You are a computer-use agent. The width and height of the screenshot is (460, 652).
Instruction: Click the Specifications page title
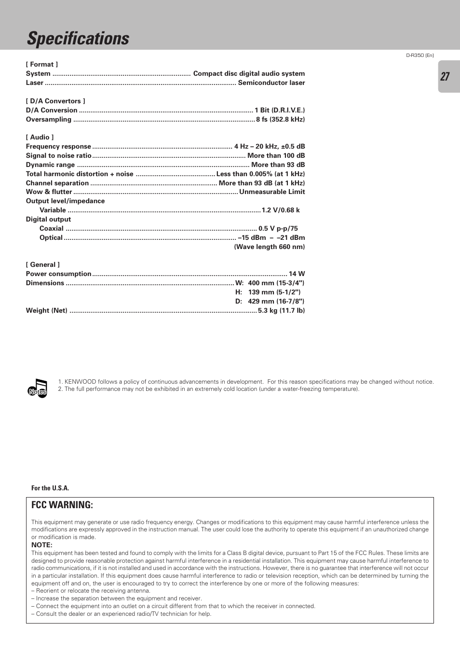pyautogui.click(x=78, y=39)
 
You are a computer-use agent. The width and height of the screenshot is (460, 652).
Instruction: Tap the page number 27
pyautogui.click(x=445, y=77)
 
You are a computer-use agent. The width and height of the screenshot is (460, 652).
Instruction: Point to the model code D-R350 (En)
pyautogui.click(x=419, y=55)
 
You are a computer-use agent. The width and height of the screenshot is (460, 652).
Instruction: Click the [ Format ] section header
pyautogui.click(x=42, y=64)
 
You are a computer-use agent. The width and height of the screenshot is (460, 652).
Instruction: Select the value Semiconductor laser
pyautogui.click(x=271, y=83)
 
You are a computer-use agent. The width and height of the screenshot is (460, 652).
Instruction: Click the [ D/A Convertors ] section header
pyautogui.click(x=55, y=101)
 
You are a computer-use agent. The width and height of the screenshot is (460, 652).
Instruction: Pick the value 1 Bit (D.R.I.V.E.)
pyautogui.click(x=280, y=111)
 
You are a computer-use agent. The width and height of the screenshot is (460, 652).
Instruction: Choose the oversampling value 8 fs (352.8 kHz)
pyautogui.click(x=280, y=120)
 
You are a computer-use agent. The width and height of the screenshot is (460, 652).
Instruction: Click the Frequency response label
pyautogui.click(x=58, y=147)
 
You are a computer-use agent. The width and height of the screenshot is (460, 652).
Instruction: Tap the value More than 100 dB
pyautogui.click(x=276, y=156)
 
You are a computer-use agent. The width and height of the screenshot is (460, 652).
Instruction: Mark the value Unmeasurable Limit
pyautogui.click(x=272, y=192)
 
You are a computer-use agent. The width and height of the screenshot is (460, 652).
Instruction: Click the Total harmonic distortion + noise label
pyautogui.click(x=80, y=174)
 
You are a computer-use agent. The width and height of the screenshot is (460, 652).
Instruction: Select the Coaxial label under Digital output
pyautogui.click(x=52, y=229)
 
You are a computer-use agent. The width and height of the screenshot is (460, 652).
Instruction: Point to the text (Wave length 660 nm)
pyautogui.click(x=270, y=247)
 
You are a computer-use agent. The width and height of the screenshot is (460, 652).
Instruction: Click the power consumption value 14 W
pyautogui.click(x=297, y=274)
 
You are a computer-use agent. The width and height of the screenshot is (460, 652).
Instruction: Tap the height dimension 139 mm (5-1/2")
pyautogui.click(x=274, y=292)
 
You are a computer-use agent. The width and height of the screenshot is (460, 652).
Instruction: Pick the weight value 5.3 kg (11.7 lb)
pyautogui.click(x=281, y=311)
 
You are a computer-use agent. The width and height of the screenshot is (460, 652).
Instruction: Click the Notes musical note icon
pyautogui.click(x=38, y=388)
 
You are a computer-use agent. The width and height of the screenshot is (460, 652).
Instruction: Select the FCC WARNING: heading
pyautogui.click(x=62, y=505)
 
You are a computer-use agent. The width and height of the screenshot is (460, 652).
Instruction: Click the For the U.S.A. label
pyautogui.click(x=50, y=488)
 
